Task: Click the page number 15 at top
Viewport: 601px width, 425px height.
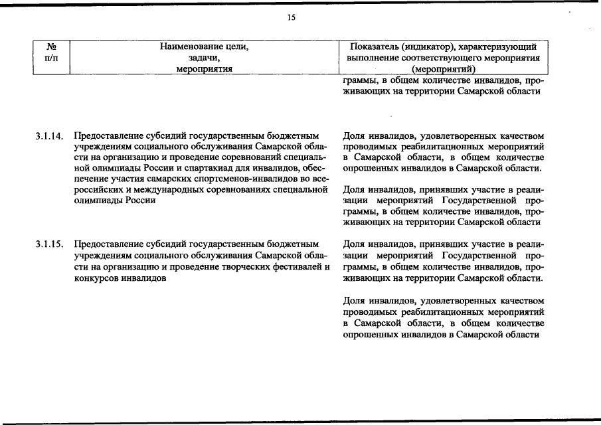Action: click(291, 18)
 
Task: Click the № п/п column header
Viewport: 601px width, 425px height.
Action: click(51, 53)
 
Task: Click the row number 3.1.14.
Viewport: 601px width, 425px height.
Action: click(49, 137)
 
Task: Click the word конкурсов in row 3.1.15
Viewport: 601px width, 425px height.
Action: click(94, 278)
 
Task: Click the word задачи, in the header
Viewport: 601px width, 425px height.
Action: click(204, 58)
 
